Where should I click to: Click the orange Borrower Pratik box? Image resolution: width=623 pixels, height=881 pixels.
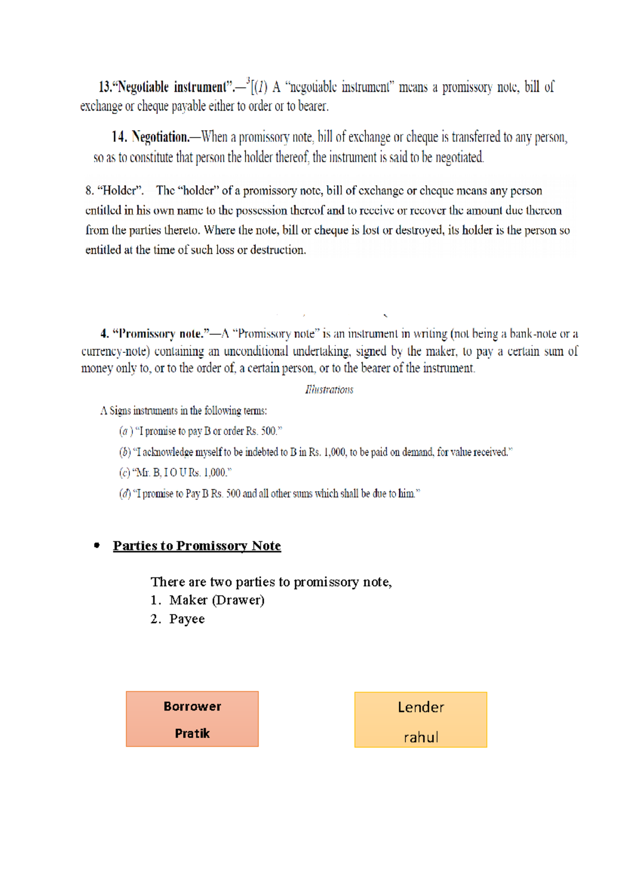coord(192,720)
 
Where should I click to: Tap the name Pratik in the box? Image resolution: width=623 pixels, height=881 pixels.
coord(192,733)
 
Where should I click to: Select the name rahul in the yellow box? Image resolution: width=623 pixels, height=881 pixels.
coord(421,737)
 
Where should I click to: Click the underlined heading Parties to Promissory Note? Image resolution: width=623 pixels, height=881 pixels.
coord(197,546)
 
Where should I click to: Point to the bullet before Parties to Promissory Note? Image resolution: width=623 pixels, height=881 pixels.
coord(97,545)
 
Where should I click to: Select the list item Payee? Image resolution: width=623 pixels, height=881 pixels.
coord(186,619)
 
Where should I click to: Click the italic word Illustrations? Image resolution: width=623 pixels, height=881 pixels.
coord(329,390)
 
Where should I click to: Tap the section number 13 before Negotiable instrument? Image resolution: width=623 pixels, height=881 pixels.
coord(105,87)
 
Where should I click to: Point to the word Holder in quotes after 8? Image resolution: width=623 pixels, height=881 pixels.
coord(120,190)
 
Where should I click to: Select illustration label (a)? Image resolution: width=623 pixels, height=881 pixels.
coord(125,431)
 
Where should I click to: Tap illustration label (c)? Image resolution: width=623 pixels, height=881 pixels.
coord(125,473)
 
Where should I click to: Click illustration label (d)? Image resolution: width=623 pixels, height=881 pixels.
coord(125,494)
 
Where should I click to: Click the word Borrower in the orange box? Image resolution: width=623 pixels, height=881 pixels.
coord(192,706)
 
